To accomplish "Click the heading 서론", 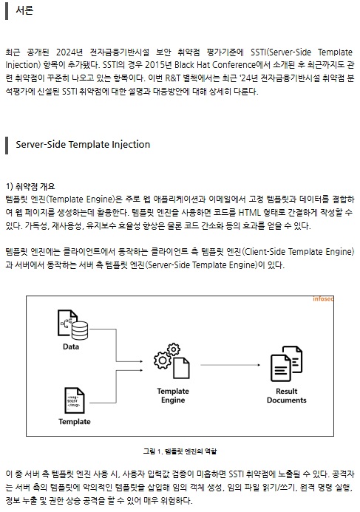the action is (24, 10).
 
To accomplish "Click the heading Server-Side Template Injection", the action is (83, 144).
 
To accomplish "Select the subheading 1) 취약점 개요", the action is (30, 186).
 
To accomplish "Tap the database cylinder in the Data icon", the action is (80, 330).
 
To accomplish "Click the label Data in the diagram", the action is (71, 347).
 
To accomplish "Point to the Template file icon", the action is (75, 400).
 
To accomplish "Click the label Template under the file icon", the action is (75, 422).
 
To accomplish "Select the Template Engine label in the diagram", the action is (173, 395).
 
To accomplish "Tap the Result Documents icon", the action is (287, 363).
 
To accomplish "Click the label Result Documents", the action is (287, 395).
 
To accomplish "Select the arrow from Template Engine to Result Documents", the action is (231, 365).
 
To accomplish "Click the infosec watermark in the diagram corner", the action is (323, 298).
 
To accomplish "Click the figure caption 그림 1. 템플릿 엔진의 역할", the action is (180, 451).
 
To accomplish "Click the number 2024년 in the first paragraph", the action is (69, 52).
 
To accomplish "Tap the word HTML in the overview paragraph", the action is (250, 213).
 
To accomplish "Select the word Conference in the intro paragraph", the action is (236, 65).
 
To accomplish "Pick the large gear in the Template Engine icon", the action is (163, 360).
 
